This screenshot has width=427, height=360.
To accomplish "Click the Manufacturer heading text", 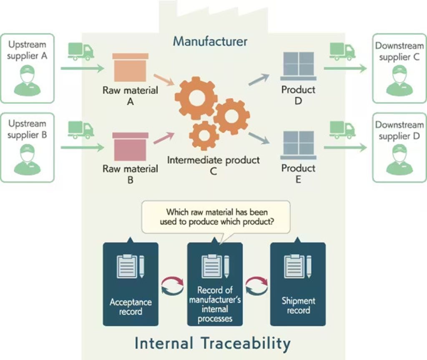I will (210, 42).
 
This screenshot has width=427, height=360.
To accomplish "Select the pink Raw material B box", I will (130, 146).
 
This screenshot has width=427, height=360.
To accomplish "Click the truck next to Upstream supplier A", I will (81, 52).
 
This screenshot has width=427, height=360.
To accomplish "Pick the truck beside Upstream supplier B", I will (81, 130).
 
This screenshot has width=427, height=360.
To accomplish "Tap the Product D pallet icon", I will (298, 66).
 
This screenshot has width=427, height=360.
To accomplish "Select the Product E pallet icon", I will (298, 145).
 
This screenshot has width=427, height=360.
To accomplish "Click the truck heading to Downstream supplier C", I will (342, 51).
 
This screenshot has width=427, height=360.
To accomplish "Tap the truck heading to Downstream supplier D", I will (342, 130).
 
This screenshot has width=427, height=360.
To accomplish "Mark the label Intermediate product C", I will (213, 165).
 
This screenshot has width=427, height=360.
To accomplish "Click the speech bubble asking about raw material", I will (216, 217).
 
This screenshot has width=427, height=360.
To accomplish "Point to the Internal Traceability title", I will (212, 344).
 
